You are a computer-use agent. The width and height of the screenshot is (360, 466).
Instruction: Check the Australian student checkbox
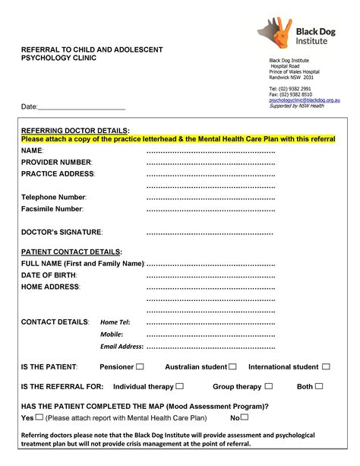point(232,366)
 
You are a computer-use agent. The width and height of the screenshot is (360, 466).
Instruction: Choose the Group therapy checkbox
point(268,386)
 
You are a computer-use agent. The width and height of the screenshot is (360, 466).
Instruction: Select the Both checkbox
point(319,386)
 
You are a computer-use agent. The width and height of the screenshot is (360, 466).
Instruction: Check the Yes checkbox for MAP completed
point(39,417)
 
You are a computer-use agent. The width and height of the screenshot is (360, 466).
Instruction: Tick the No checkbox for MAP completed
point(245,417)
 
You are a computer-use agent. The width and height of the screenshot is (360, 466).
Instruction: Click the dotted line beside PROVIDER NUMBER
point(210,162)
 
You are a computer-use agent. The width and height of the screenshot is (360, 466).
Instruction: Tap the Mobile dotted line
point(210,334)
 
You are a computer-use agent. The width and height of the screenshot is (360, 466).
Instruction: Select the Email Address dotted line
point(210,347)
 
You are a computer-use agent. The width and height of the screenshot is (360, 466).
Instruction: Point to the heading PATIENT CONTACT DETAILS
point(71,251)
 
